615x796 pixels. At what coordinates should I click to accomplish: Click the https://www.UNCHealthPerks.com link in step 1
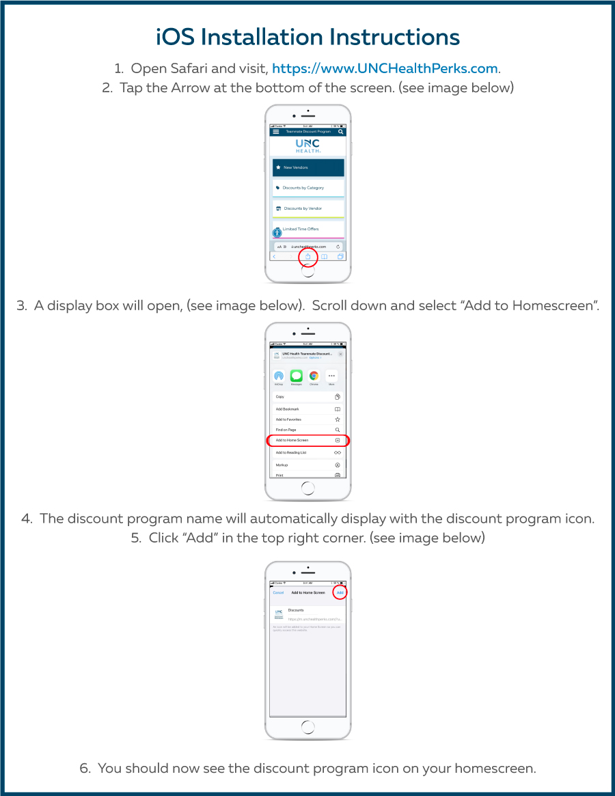click(385, 68)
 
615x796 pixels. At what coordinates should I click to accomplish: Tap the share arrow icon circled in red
click(307, 257)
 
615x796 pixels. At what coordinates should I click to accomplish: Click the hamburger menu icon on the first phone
click(276, 131)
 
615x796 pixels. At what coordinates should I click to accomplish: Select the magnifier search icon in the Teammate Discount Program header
click(340, 131)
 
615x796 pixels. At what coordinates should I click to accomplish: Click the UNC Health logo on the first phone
click(307, 146)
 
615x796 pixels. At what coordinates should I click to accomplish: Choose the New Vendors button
click(307, 167)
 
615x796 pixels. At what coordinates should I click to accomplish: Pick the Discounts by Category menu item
click(307, 188)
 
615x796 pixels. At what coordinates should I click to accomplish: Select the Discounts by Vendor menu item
click(307, 208)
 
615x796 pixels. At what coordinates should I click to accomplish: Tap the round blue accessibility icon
click(277, 233)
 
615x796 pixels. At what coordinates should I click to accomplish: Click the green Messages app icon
click(296, 376)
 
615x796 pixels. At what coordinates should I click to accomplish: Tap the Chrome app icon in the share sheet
click(314, 376)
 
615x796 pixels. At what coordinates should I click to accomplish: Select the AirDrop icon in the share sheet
click(278, 376)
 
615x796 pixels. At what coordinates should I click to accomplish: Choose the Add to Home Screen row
click(307, 441)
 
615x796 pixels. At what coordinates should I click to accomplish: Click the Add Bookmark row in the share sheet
click(307, 409)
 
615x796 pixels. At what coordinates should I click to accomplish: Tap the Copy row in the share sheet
click(307, 397)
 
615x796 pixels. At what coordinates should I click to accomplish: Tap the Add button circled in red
click(340, 592)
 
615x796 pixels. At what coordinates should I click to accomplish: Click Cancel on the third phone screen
click(278, 592)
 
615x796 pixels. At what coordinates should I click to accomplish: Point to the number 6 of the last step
click(85, 768)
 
